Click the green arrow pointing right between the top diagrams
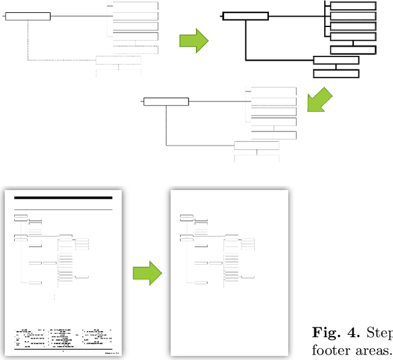click(x=193, y=40)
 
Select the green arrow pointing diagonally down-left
click(x=319, y=100)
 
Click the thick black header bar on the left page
click(x=63, y=198)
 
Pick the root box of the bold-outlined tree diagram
click(x=245, y=16)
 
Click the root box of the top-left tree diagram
click(x=28, y=16)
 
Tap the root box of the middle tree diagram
click(x=166, y=101)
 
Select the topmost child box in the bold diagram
click(x=353, y=6)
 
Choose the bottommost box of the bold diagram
click(x=336, y=73)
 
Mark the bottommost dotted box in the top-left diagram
click(x=119, y=72)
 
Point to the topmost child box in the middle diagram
click(x=274, y=91)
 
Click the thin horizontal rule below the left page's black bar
click(x=63, y=209)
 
